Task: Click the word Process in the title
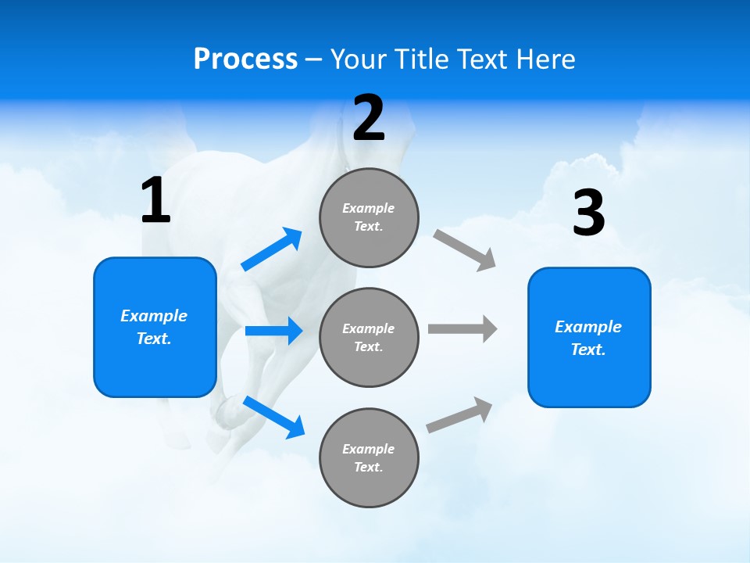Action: [x=245, y=59]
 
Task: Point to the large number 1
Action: [x=155, y=201]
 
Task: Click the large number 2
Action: [x=369, y=118]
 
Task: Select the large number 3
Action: [x=588, y=213]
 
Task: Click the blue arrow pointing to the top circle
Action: [x=271, y=249]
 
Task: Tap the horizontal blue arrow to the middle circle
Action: [x=273, y=331]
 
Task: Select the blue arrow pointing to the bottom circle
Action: [x=273, y=416]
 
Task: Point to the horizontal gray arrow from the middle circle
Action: [x=462, y=328]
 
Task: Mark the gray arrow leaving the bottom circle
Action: [x=459, y=415]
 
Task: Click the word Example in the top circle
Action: [x=368, y=208]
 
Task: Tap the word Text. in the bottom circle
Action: [x=368, y=467]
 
